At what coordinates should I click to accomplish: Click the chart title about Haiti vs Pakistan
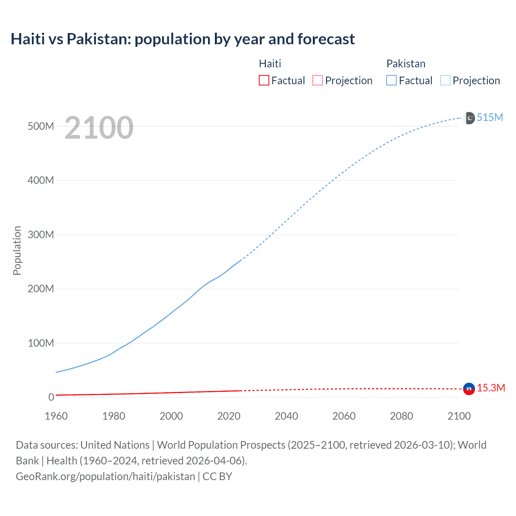click(x=183, y=39)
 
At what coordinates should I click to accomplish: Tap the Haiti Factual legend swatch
click(x=264, y=80)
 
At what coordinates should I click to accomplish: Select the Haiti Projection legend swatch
click(x=318, y=80)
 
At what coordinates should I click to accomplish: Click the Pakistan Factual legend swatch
click(x=391, y=80)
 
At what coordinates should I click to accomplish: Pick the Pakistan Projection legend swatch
click(x=445, y=80)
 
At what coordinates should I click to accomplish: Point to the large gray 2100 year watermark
click(x=99, y=128)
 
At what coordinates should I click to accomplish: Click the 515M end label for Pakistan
click(x=490, y=117)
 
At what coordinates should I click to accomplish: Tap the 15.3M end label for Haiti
click(x=491, y=388)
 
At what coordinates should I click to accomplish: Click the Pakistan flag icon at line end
click(x=470, y=118)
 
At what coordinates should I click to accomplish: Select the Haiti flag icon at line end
click(x=469, y=389)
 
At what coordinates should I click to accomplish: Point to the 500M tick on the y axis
click(x=41, y=126)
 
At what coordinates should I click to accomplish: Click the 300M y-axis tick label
click(x=41, y=235)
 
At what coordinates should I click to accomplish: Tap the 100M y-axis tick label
click(x=41, y=343)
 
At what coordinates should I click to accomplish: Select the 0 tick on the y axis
click(x=51, y=397)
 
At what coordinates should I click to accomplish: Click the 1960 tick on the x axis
click(x=56, y=416)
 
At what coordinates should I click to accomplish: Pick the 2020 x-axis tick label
click(x=229, y=416)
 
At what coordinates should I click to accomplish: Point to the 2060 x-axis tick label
click(x=344, y=416)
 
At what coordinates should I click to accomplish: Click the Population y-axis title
click(x=17, y=250)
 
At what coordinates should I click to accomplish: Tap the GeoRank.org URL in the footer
click(x=105, y=476)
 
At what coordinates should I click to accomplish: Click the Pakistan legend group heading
click(x=406, y=64)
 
